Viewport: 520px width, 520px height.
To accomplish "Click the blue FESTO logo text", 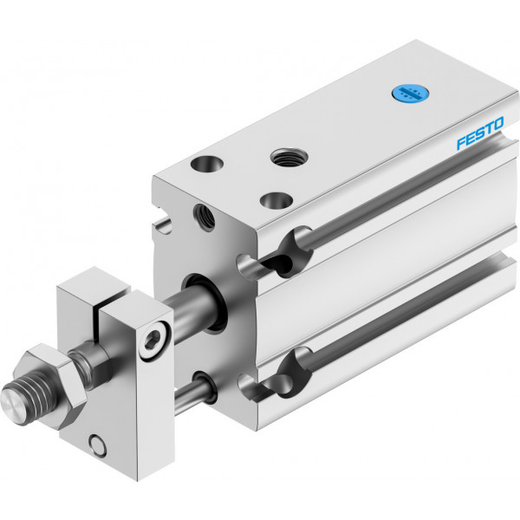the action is tap(480, 133).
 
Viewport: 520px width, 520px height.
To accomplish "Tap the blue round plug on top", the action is tap(410, 94).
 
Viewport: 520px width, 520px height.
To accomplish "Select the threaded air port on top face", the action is tap(289, 157).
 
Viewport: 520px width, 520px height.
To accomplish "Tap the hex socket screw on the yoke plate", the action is tap(155, 339).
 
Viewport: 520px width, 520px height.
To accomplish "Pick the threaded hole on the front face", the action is tap(204, 218).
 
